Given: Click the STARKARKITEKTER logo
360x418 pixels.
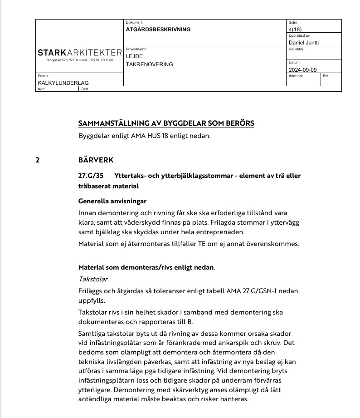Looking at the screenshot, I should point(80,53).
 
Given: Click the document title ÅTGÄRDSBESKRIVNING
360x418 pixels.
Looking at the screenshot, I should point(158,30).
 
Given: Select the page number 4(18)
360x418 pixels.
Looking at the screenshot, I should point(295,30).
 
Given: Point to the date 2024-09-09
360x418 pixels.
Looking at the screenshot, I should point(302,70).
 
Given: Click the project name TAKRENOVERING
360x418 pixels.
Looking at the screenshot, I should point(149,64).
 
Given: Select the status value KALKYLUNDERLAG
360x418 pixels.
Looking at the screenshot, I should point(63,83).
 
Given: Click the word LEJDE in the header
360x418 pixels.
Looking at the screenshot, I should point(134,56).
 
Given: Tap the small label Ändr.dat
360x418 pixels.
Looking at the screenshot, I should point(295,76).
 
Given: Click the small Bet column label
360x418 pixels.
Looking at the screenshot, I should point(326,76).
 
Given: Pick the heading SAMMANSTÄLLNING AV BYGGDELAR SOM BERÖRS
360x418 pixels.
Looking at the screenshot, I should point(166,123).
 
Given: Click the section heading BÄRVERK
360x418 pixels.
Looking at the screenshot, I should point(96,160).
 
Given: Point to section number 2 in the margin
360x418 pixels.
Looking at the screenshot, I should point(38,160).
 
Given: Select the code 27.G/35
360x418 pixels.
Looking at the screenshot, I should point(91,176).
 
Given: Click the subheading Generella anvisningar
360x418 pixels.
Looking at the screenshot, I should point(112,201).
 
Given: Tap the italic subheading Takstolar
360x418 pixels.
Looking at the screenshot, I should point(93,279).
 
